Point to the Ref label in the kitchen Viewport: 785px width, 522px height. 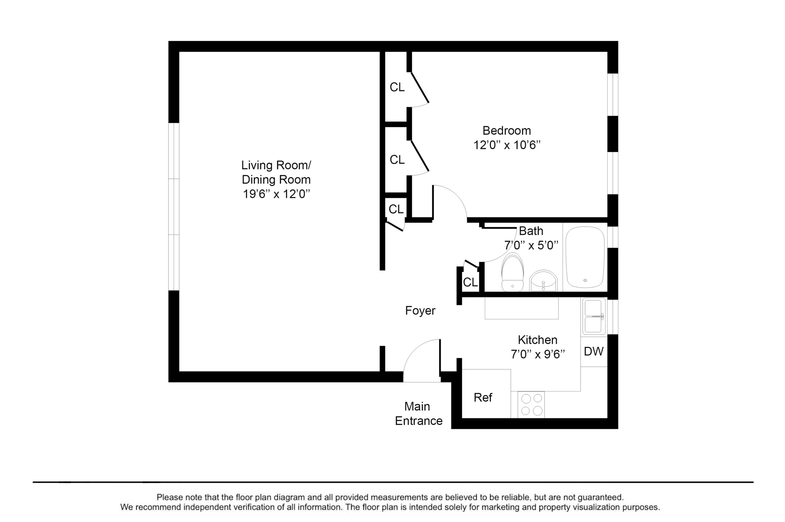click(x=483, y=398)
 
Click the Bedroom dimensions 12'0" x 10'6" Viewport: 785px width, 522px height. click(x=507, y=145)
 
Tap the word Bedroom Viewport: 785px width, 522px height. click(x=507, y=131)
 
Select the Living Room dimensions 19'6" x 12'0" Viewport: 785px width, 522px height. click(x=276, y=194)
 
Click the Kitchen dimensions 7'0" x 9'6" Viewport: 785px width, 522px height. click(x=538, y=354)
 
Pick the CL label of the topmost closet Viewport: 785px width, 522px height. click(x=397, y=87)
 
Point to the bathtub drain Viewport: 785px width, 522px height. click(x=585, y=280)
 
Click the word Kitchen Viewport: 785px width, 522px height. click(x=538, y=340)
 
